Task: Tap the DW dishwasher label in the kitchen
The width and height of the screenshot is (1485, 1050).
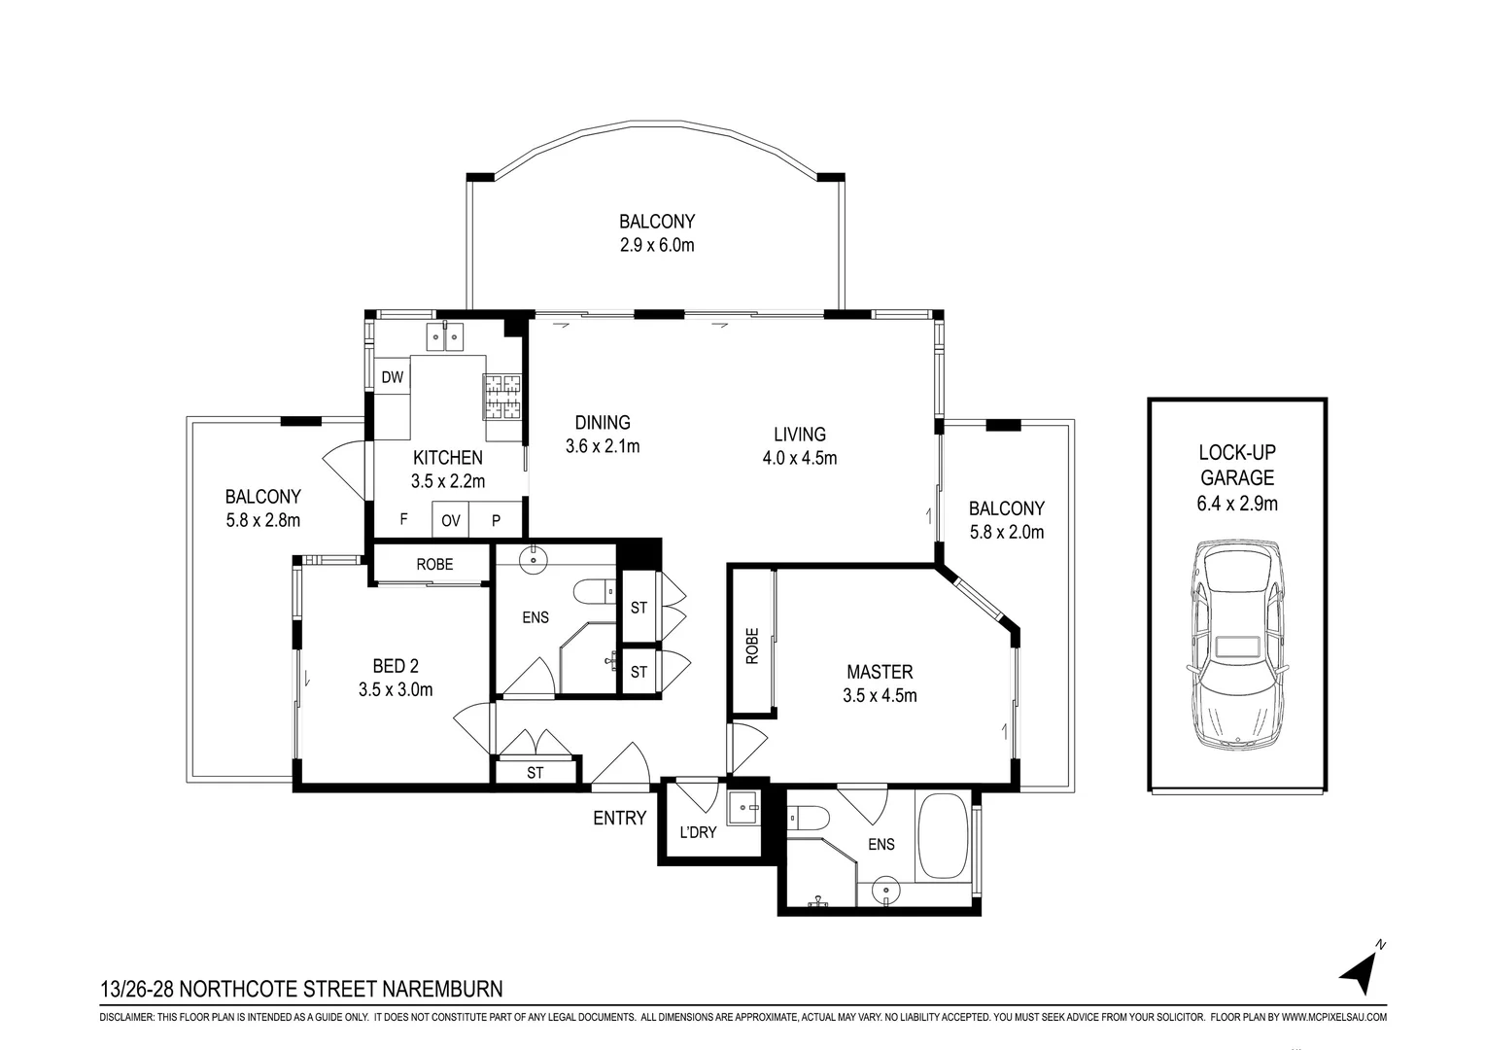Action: click(393, 377)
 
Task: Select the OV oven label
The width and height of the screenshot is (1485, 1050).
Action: click(451, 521)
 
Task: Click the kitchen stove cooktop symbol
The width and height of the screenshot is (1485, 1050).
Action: click(501, 397)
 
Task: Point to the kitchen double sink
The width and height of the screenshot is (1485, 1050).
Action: click(444, 336)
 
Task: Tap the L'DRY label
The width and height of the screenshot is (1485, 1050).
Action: click(698, 832)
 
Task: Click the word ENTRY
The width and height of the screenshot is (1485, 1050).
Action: click(619, 819)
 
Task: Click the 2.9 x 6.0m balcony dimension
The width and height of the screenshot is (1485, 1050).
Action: click(657, 245)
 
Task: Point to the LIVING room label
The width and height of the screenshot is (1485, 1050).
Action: click(800, 435)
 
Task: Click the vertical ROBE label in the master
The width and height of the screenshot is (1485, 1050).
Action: click(752, 647)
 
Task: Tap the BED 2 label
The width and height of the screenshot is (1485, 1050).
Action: click(396, 665)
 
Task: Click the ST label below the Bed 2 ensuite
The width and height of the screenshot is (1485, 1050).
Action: click(535, 773)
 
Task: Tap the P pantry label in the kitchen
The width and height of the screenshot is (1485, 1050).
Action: click(496, 521)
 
